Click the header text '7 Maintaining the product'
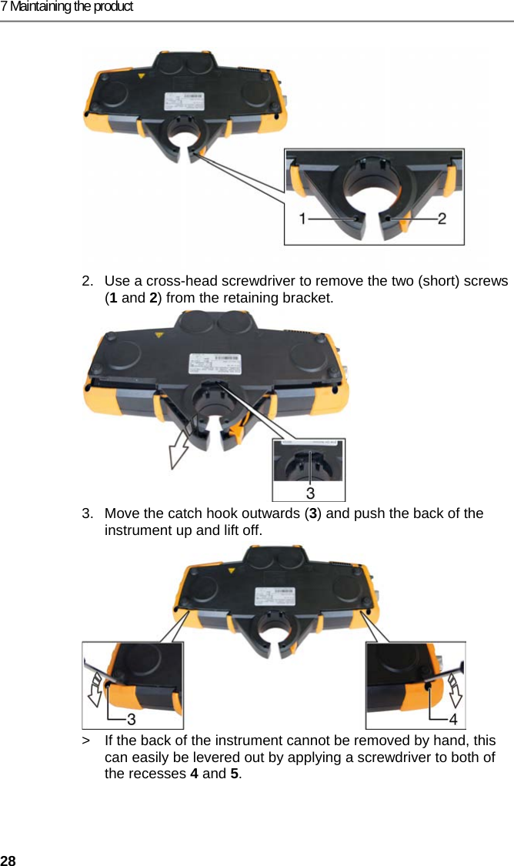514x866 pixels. pos(67,7)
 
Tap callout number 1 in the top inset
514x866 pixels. pos(305,219)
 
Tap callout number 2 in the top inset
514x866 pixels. pos(442,219)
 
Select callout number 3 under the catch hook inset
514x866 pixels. pos(310,490)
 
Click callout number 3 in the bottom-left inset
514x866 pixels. pos(132,719)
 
